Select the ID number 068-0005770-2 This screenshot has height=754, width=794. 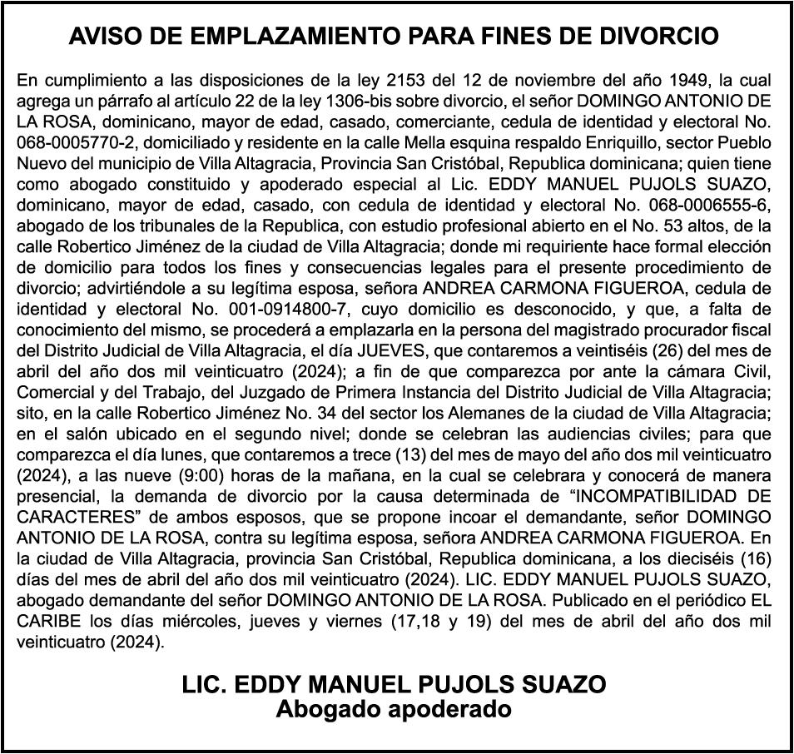pyautogui.click(x=71, y=141)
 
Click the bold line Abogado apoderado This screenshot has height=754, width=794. pyautogui.click(x=394, y=710)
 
